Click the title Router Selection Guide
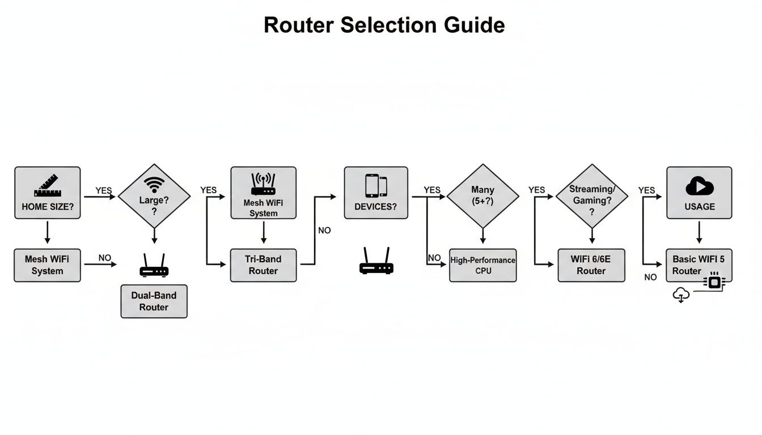point(384,25)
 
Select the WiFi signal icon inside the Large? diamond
point(154,185)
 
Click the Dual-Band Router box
point(154,301)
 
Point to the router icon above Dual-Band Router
point(154,266)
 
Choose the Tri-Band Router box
point(263,265)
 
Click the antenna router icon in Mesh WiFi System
point(263,185)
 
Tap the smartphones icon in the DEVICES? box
point(376,186)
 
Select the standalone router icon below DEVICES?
point(376,262)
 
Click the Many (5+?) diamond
point(482,196)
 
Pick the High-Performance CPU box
point(482,265)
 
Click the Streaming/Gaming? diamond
point(591,196)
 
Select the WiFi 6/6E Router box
point(591,265)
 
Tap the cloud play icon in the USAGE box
point(699,186)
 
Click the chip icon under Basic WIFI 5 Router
point(714,282)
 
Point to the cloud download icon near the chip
point(681,295)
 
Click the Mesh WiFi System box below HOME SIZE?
point(47,265)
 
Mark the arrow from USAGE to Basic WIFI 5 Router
point(699,233)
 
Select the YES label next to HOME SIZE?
point(104,191)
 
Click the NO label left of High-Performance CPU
point(434,258)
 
